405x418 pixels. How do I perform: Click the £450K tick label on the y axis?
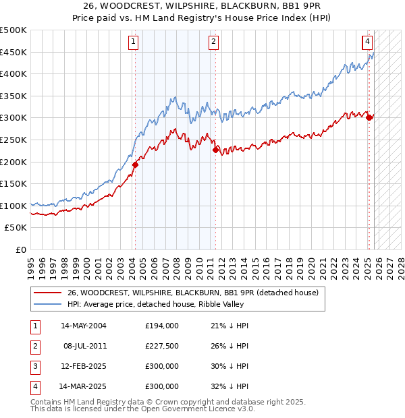(x=13, y=52)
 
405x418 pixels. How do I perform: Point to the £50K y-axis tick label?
(x=16, y=228)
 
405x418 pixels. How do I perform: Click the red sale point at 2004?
(x=135, y=165)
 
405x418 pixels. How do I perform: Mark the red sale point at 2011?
(x=215, y=150)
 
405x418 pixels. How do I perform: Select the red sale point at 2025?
(x=369, y=117)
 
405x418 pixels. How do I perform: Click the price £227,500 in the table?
(x=162, y=345)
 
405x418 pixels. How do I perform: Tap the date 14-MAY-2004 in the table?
(x=84, y=325)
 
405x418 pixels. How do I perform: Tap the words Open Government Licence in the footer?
(x=189, y=409)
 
